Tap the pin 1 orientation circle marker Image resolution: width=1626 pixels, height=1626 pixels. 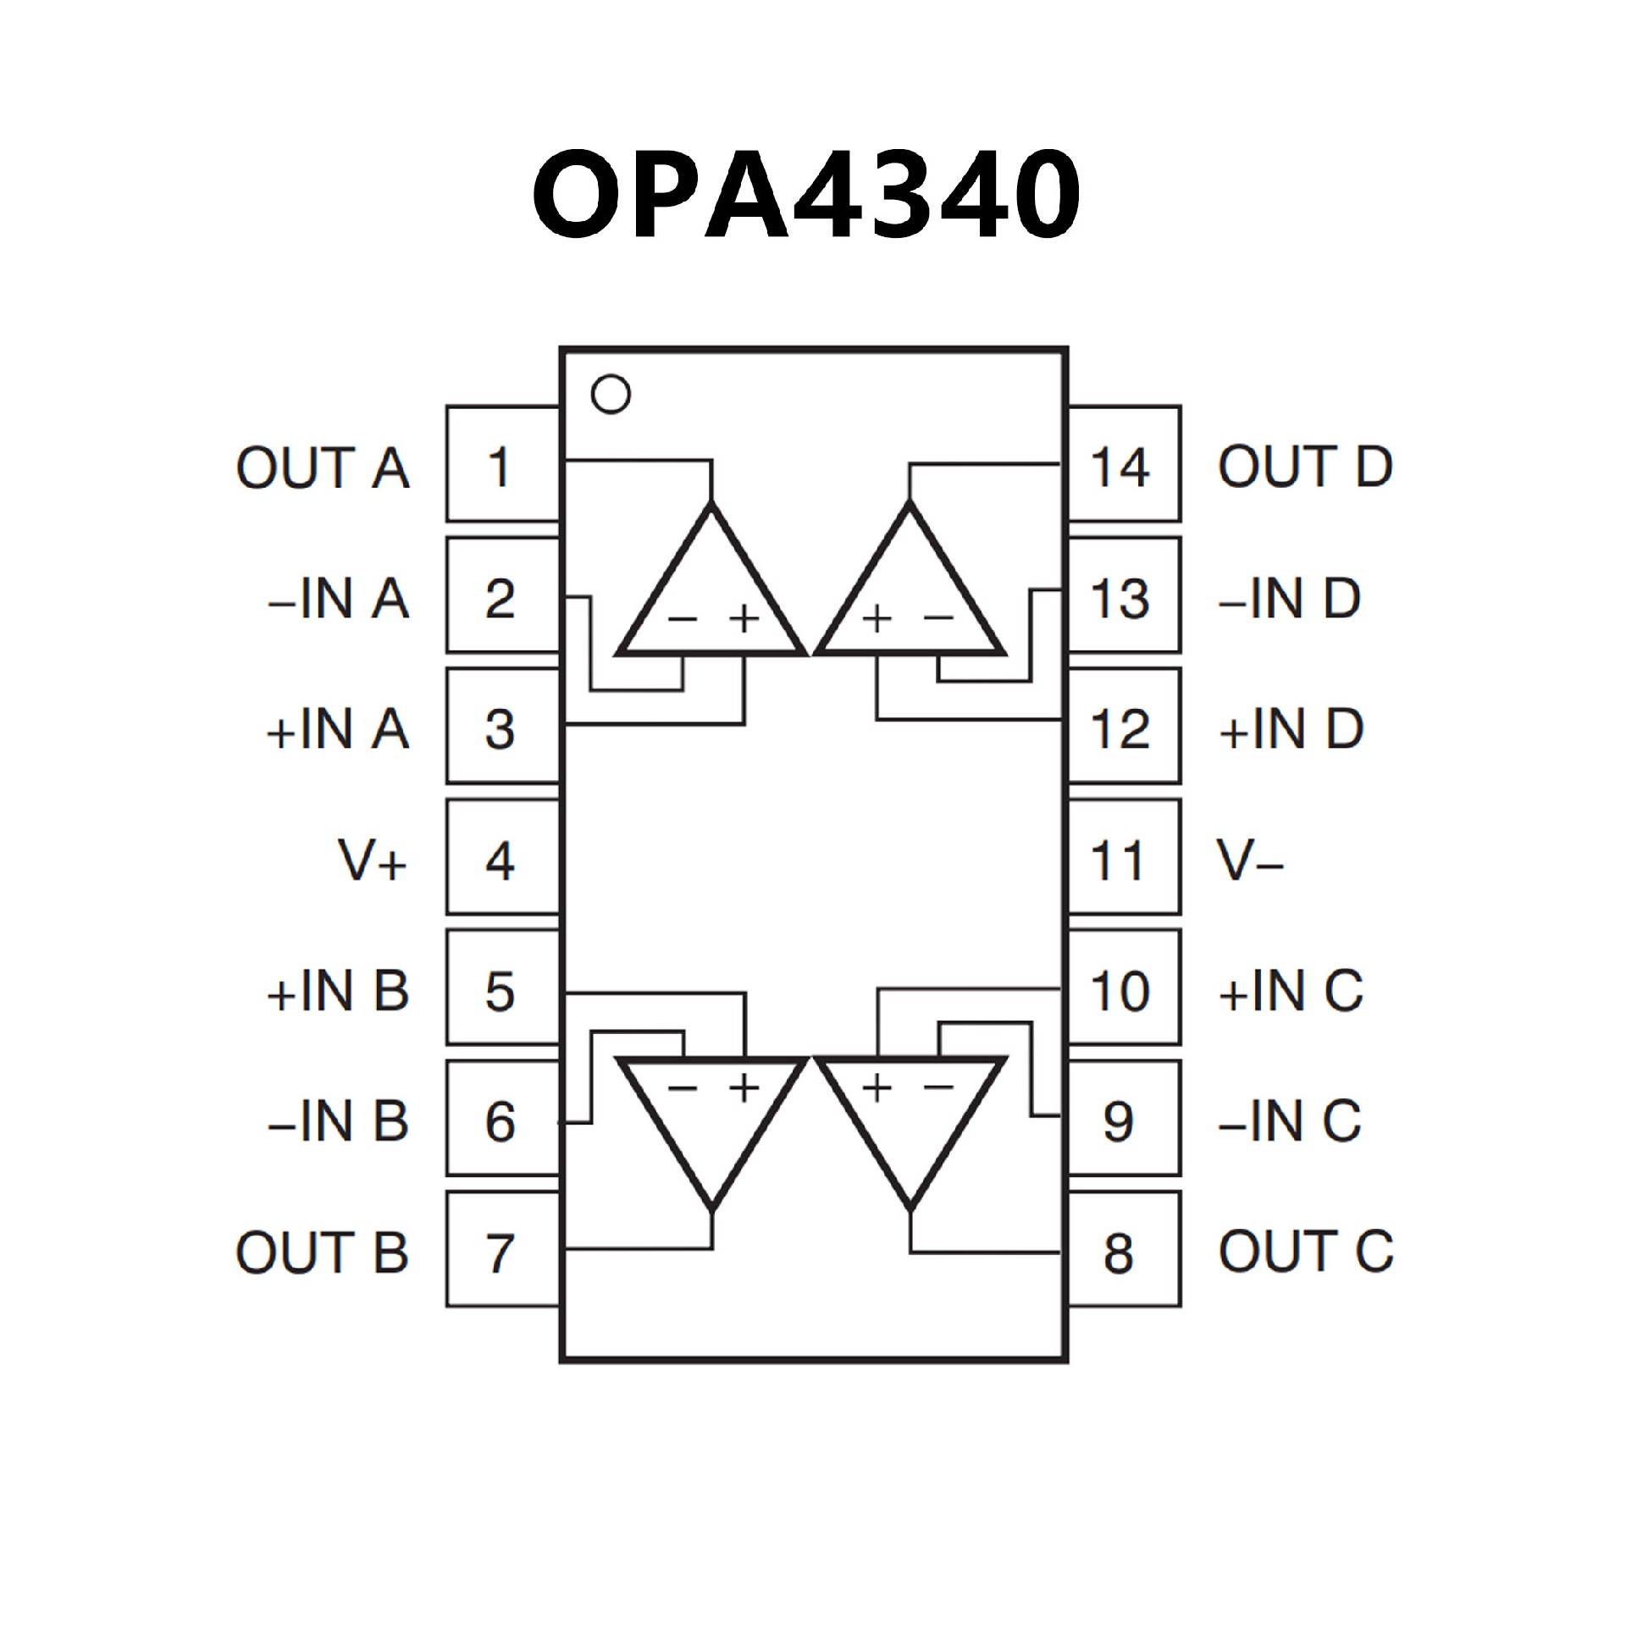coord(611,395)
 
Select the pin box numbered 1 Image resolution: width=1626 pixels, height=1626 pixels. coord(501,464)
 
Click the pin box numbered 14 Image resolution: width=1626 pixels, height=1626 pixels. coord(1123,464)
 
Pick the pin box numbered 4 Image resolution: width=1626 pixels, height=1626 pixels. coord(501,857)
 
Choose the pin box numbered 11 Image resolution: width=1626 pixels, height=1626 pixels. coord(1123,857)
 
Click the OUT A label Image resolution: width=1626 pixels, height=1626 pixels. coord(323,467)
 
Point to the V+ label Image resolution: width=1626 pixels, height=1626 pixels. coord(373,860)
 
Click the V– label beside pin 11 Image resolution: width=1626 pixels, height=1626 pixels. coord(1251,860)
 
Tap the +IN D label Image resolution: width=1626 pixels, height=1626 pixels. coord(1291,729)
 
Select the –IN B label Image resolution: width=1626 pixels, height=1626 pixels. coord(338,1121)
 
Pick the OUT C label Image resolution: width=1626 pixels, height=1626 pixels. coord(1305,1252)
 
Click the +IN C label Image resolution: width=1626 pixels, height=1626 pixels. coord(1291,990)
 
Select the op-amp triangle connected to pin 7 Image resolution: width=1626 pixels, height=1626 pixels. coord(711,1118)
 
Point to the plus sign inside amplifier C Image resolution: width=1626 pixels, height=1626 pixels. coord(878,1087)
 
